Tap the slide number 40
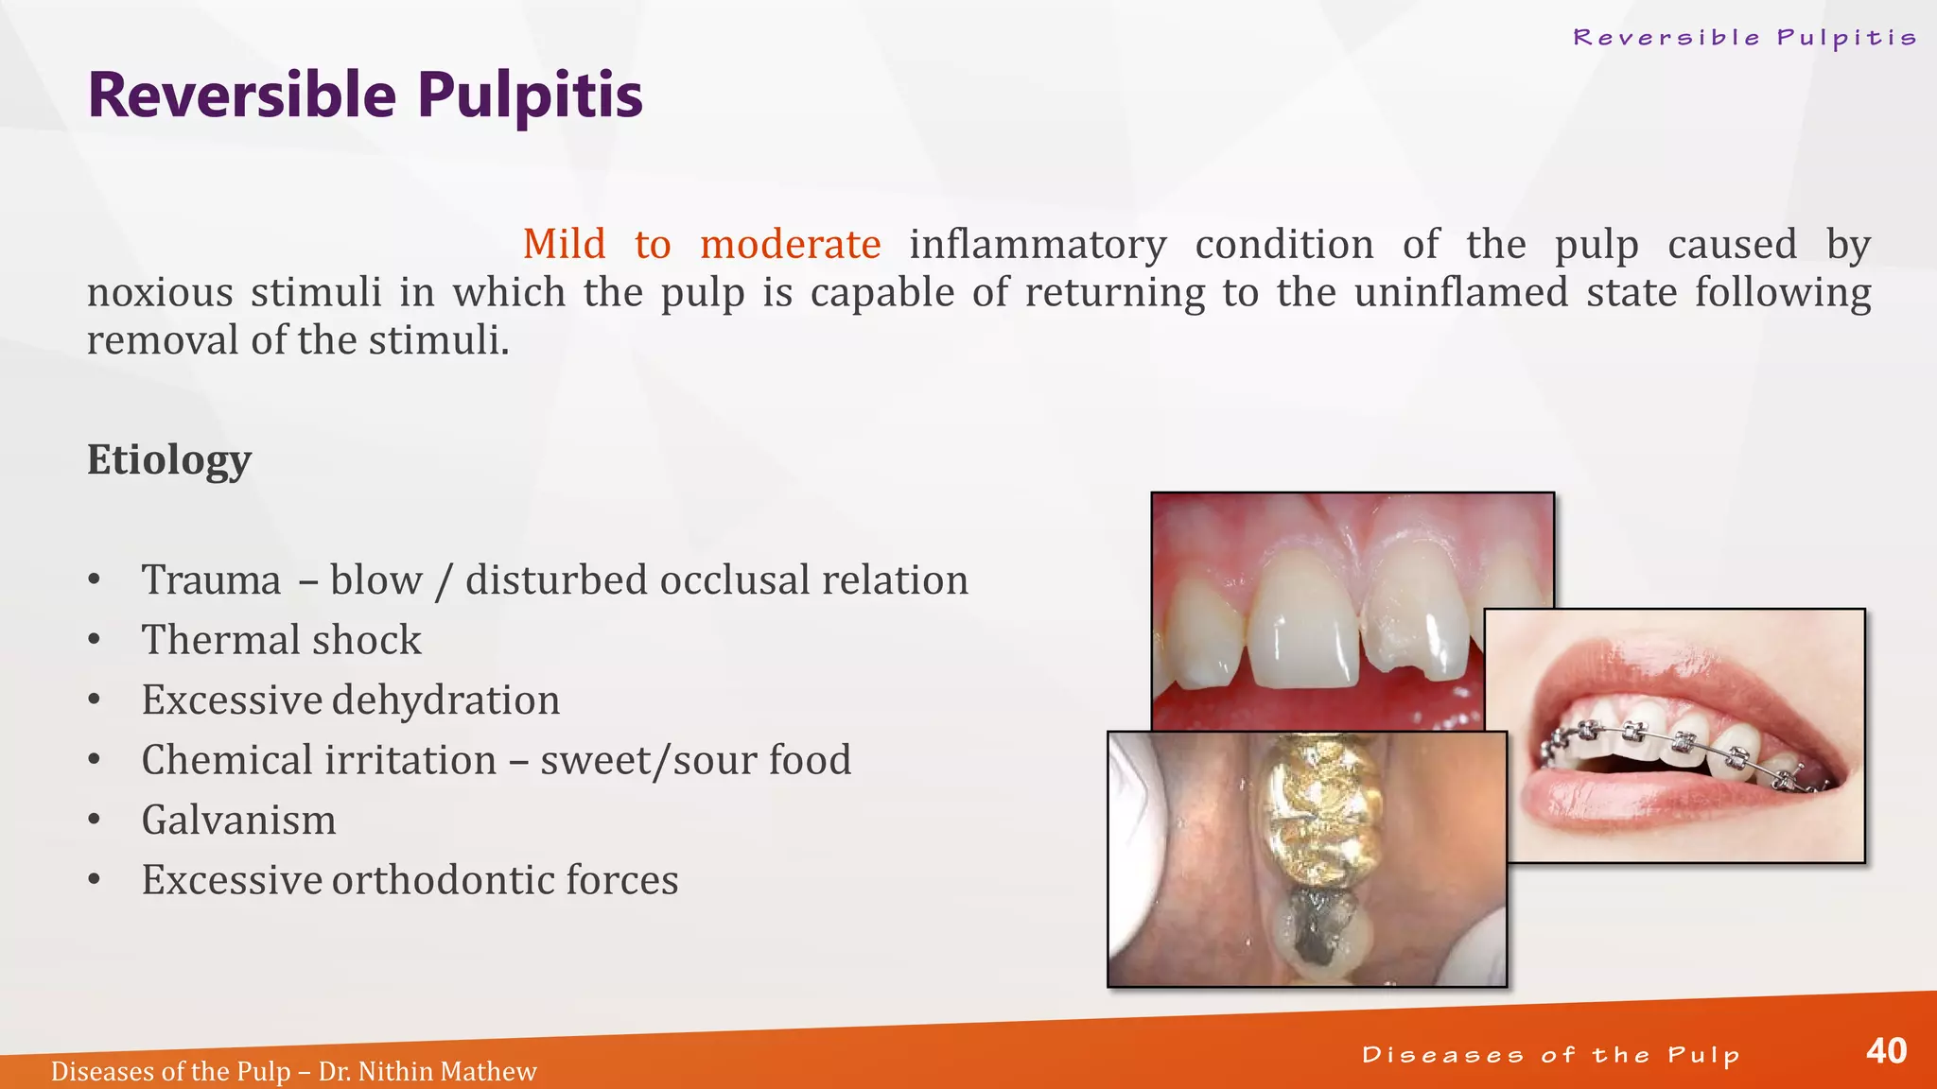[1886, 1051]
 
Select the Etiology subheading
[169, 460]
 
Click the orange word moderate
[790, 245]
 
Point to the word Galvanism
[238, 820]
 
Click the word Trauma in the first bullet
[211, 580]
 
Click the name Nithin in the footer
[395, 1072]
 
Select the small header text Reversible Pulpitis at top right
[1745, 38]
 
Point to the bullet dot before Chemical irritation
[94, 760]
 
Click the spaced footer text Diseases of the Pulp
[1551, 1055]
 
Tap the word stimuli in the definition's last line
[439, 340]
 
